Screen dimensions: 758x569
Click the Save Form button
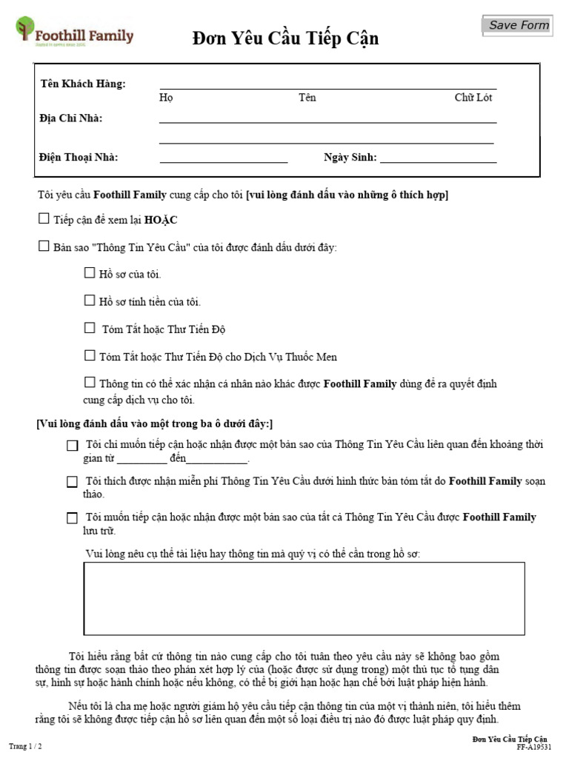click(x=519, y=25)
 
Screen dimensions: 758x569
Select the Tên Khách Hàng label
click(x=83, y=84)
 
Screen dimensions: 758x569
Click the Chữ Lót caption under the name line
click(x=473, y=98)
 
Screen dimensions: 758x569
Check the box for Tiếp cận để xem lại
click(x=44, y=219)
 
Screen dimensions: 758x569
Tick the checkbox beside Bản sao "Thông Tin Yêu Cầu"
click(x=44, y=246)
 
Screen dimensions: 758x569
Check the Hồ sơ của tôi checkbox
click(x=90, y=273)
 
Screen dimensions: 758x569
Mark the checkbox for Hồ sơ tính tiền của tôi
click(x=90, y=301)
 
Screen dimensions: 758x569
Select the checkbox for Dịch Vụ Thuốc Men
click(x=90, y=355)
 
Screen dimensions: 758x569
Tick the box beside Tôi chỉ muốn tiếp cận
click(x=72, y=446)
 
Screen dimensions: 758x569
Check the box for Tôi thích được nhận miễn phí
click(x=72, y=482)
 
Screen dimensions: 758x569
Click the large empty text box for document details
click(x=304, y=599)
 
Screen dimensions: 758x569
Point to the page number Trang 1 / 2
click(x=25, y=746)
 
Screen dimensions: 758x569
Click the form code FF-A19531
click(x=533, y=748)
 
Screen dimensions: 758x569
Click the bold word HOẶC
click(x=161, y=221)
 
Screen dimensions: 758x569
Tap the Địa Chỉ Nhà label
click(x=71, y=118)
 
